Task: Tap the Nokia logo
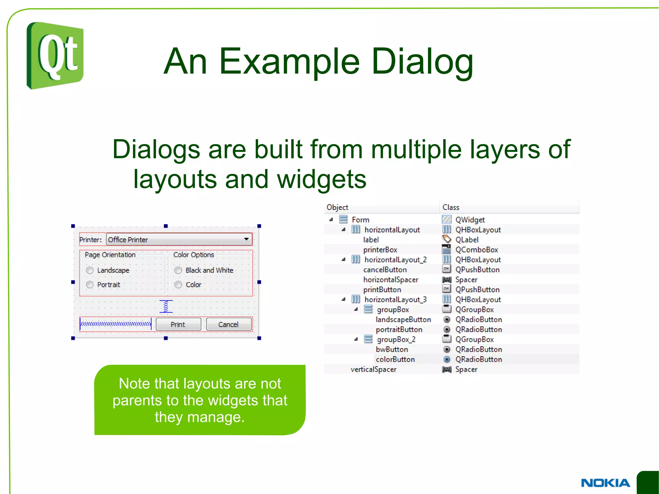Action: pos(605,483)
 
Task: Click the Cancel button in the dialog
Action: pos(228,324)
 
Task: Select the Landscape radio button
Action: pos(90,270)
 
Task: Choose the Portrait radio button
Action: pos(90,285)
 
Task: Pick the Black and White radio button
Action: pos(178,270)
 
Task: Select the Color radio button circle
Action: pos(178,285)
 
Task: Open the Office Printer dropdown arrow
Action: pos(246,239)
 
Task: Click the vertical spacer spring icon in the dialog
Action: pos(166,306)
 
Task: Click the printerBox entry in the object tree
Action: pos(380,250)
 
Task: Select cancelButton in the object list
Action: pos(385,270)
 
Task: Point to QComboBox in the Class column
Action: pos(477,250)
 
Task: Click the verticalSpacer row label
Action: pos(373,369)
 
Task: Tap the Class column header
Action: pos(451,207)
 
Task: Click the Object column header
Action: pos(337,207)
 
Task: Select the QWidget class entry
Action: pos(470,220)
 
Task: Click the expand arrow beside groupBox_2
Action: pos(356,339)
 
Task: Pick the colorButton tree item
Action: pos(395,359)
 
